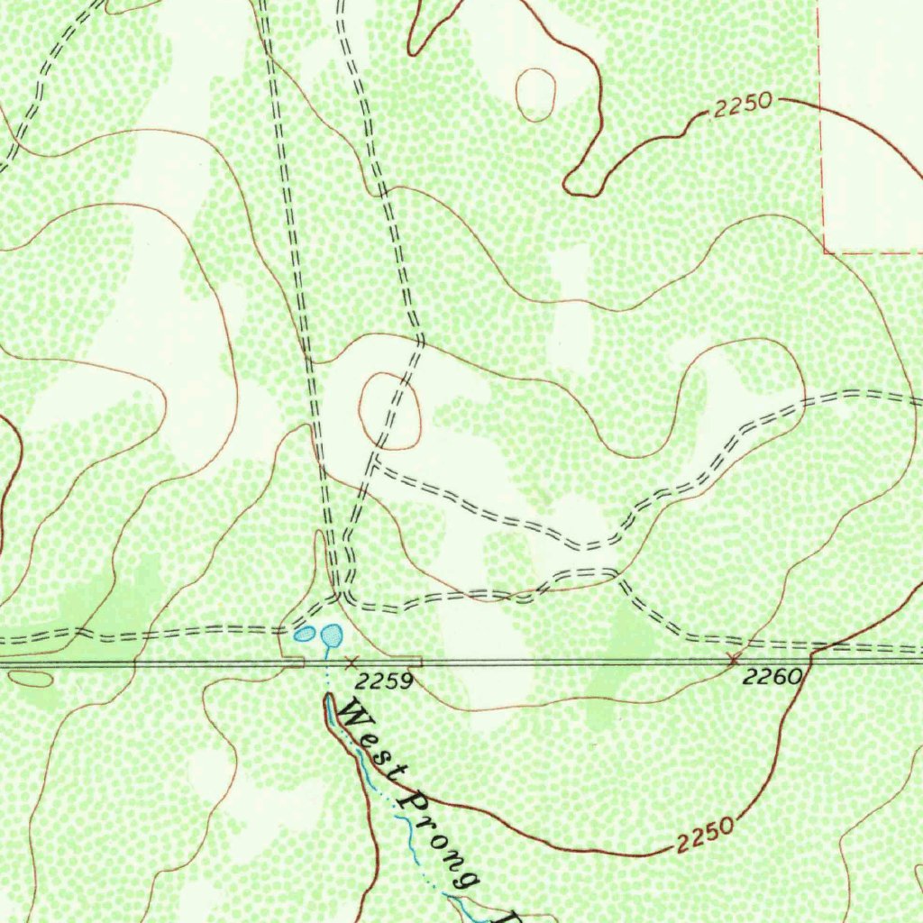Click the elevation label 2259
click(x=383, y=681)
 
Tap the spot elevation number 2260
click(x=772, y=676)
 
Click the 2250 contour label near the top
click(x=743, y=106)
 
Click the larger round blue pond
click(x=332, y=635)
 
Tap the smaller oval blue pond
click(x=305, y=634)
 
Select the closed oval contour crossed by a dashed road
click(x=389, y=410)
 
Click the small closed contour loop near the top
click(x=535, y=93)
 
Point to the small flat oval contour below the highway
click(x=32, y=679)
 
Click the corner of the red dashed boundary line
click(x=824, y=251)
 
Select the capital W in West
click(x=353, y=718)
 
